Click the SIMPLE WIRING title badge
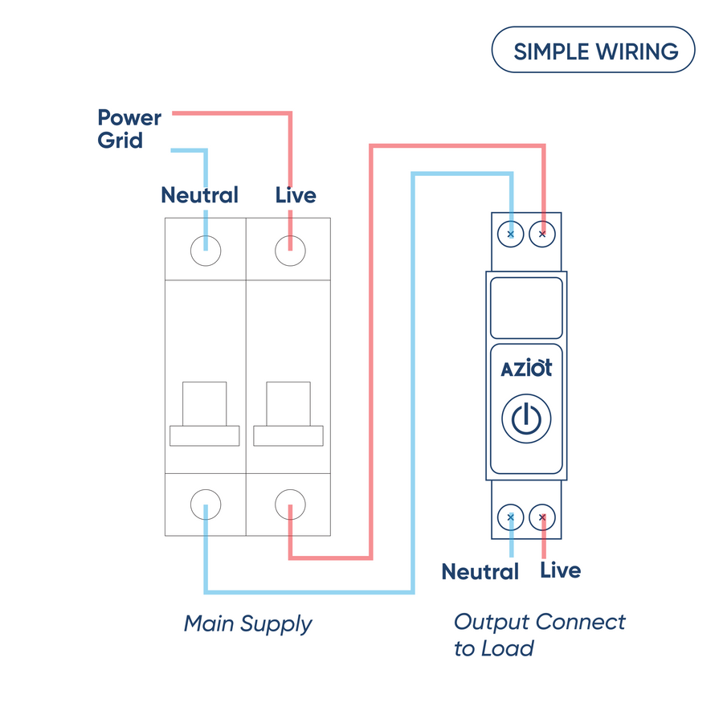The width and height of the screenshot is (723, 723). click(593, 51)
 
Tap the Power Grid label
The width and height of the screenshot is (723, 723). click(129, 129)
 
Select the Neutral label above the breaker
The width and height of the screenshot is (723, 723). click(199, 195)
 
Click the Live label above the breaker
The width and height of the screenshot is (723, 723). click(296, 195)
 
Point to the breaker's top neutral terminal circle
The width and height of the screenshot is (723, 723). click(205, 251)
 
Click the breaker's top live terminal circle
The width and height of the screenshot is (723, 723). click(290, 251)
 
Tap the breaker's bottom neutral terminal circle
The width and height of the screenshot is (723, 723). click(205, 505)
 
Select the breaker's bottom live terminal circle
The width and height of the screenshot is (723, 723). click(290, 505)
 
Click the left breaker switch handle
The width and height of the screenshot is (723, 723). click(205, 414)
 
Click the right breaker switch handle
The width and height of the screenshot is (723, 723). click(288, 414)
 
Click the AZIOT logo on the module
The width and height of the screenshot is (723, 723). click(526, 370)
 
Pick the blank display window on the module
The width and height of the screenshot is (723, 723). click(526, 308)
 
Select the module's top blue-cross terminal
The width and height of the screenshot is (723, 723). click(511, 235)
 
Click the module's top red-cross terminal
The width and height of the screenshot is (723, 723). click(542, 235)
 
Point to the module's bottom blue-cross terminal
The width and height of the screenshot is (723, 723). click(511, 517)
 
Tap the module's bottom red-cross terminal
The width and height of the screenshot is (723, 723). click(542, 517)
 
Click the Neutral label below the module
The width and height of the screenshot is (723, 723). click(480, 572)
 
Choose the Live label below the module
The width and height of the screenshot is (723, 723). click(560, 570)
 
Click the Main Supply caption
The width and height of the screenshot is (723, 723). click(247, 623)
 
